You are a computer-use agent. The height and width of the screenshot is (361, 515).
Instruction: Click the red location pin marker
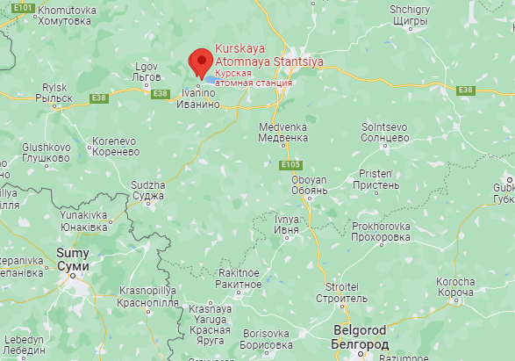coord(202,61)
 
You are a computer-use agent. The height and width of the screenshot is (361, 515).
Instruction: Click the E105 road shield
coord(291,164)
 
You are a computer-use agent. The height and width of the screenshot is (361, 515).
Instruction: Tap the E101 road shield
coord(24,8)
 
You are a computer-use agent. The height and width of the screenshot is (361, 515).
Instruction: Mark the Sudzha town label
coord(147,191)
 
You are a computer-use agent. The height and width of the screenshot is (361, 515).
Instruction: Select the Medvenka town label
coord(283,132)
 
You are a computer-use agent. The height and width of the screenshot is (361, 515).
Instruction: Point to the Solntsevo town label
coord(386,133)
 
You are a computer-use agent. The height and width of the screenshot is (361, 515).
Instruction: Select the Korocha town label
coord(455,287)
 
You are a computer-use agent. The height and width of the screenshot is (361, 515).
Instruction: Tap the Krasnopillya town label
coord(150,295)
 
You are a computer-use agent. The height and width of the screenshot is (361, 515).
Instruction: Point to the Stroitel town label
coord(341,292)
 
